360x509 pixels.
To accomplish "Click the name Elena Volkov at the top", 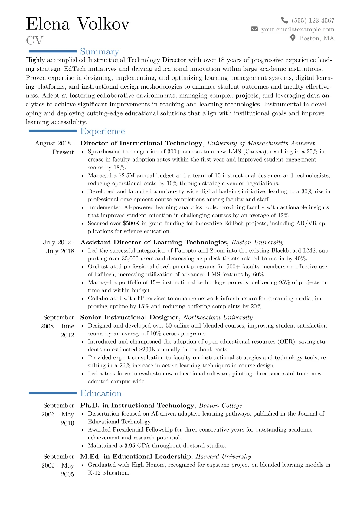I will pyautogui.click(x=78, y=24).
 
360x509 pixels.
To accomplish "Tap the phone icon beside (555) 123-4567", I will pyautogui.click(x=284, y=20).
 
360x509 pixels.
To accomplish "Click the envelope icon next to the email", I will pyautogui.click(x=254, y=29).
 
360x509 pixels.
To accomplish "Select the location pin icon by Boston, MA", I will pyautogui.click(x=293, y=38).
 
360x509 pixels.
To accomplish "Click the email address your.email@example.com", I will pyautogui.click(x=298, y=29).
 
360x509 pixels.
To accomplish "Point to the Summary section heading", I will pyautogui.click(x=100, y=51).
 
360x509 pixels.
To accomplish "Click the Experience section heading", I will pyautogui.click(x=103, y=131).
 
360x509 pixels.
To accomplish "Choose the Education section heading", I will pyautogui.click(x=101, y=393).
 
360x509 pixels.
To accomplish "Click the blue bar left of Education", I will pyautogui.click(x=53, y=393).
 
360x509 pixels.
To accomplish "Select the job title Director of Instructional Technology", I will pyautogui.click(x=141, y=143).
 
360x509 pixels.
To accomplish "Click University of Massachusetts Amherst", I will pyautogui.click(x=261, y=143).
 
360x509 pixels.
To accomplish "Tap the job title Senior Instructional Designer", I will pyautogui.click(x=129, y=317).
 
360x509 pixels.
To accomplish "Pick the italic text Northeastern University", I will pyautogui.click(x=218, y=317).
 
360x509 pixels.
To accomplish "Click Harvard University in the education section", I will pyautogui.click(x=223, y=456).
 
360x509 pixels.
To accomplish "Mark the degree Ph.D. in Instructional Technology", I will pyautogui.click(x=137, y=405).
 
